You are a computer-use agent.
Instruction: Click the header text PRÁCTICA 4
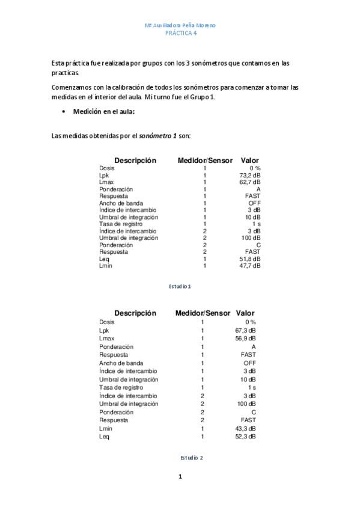(180, 34)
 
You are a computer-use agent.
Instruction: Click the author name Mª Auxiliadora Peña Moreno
(180, 26)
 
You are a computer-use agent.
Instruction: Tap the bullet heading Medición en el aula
(104, 112)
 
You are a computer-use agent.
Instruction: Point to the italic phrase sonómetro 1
(158, 136)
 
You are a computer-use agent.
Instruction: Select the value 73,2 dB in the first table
(249, 175)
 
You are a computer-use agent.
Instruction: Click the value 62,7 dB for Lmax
(249, 182)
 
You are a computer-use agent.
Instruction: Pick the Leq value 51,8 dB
(249, 259)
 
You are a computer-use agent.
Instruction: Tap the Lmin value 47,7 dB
(249, 265)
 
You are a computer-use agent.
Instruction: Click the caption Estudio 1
(180, 286)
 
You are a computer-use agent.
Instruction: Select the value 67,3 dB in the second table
(245, 331)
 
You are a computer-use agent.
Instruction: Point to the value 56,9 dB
(245, 339)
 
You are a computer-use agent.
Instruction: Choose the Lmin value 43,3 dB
(245, 429)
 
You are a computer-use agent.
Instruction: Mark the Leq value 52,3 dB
(245, 437)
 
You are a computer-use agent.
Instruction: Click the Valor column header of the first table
(249, 161)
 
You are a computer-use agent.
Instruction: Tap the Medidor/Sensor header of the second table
(203, 313)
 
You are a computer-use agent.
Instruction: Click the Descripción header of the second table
(135, 313)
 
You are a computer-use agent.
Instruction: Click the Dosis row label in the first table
(107, 168)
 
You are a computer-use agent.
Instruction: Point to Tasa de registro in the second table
(121, 388)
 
